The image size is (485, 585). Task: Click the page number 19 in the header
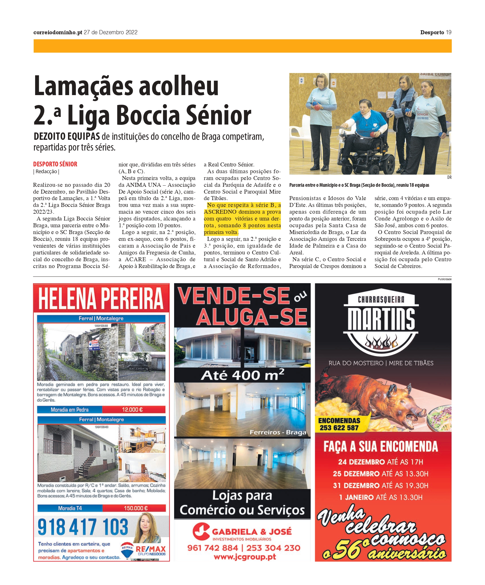448,33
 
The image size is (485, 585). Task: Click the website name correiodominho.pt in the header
58,33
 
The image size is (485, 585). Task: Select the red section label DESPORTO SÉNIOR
55,164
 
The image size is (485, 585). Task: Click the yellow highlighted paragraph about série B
242,219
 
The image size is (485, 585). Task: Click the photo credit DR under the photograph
449,177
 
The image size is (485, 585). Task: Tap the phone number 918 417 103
83,527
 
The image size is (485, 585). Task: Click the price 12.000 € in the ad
133,410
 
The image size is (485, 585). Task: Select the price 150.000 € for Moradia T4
136,508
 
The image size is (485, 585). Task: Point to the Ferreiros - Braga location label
278,432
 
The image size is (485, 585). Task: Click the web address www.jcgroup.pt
245,557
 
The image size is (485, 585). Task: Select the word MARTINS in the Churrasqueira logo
381,320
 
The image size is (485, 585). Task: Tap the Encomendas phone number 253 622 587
339,428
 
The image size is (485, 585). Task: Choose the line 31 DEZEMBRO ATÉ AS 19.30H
381,486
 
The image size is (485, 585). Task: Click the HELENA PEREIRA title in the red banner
101,298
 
